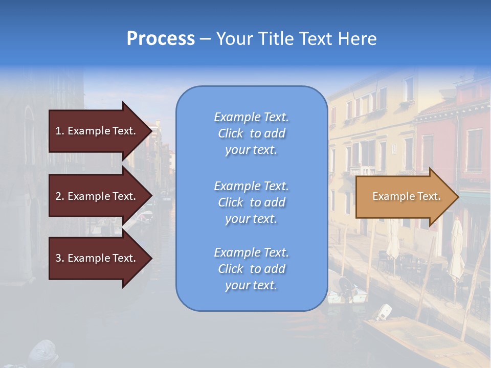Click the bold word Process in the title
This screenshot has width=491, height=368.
[161, 39]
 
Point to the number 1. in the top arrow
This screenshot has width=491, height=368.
[60, 131]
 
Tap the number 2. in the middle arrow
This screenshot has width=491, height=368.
[60, 196]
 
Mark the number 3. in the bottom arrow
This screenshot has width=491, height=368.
[60, 258]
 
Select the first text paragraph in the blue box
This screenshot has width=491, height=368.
[251, 133]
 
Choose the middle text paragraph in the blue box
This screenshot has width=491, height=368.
[251, 202]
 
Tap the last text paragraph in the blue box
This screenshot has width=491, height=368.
[251, 269]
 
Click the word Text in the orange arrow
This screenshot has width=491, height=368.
[429, 196]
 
